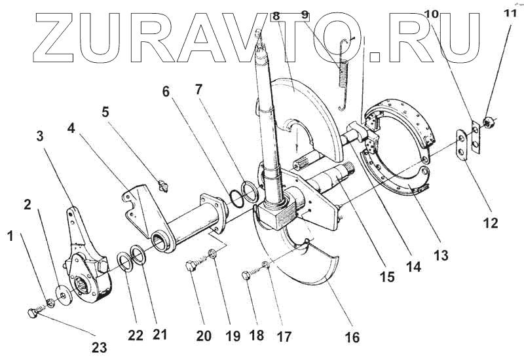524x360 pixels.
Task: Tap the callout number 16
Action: (x=352, y=338)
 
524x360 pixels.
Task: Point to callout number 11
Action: (x=508, y=12)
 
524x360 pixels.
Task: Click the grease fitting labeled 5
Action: (x=164, y=186)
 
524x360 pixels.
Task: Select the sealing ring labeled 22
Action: (x=122, y=263)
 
